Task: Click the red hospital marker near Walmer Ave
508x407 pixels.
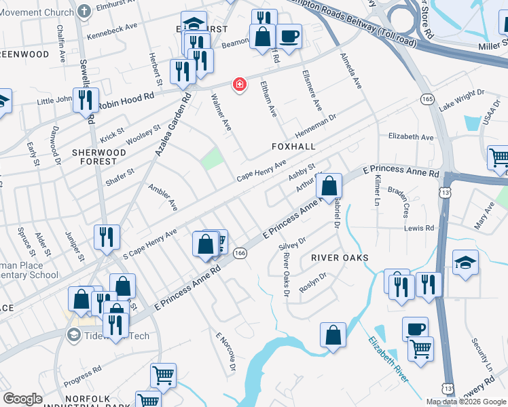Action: tap(238, 85)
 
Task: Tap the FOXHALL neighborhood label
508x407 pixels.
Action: tap(294, 146)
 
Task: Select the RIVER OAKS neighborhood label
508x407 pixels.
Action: tap(340, 258)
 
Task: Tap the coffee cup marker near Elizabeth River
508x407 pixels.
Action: tap(415, 328)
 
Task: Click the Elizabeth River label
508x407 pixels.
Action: tap(388, 359)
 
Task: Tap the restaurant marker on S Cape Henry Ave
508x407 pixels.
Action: tap(107, 237)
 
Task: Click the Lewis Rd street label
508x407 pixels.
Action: tap(420, 229)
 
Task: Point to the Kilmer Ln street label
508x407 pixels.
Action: tap(376, 191)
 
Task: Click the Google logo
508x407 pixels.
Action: tap(22, 399)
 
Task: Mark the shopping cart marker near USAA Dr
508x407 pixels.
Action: tap(498, 158)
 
